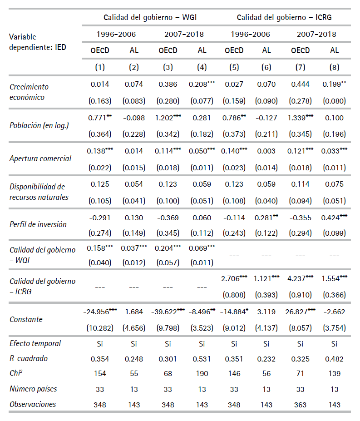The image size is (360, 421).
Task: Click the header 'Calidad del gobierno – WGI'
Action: point(150,17)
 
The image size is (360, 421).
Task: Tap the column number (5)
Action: point(234,68)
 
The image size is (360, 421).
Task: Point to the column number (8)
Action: point(334,68)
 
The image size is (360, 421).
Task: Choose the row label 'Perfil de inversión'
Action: point(38,224)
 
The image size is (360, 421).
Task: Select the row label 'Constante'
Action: point(26,319)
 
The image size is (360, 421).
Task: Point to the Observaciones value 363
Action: point(301,404)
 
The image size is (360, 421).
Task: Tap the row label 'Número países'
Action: point(34,389)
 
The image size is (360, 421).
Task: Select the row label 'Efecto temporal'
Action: point(35,343)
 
